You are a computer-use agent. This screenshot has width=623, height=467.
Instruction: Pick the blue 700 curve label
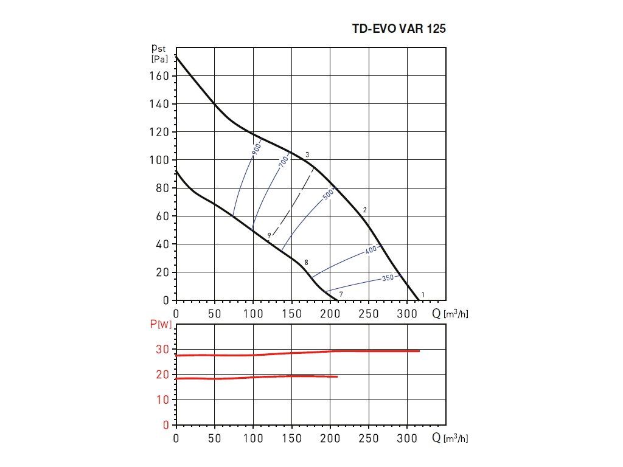283,161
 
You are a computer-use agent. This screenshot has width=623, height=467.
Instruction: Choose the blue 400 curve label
372,250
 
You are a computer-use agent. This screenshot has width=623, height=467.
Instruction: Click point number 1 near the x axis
423,294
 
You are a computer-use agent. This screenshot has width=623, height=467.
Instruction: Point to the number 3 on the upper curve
308,155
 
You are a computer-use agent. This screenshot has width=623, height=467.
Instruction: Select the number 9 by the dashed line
268,235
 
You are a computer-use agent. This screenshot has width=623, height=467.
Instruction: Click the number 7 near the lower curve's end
341,294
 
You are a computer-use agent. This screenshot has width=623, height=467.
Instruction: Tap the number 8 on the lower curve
307,262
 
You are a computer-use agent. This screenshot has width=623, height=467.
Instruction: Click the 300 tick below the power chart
407,438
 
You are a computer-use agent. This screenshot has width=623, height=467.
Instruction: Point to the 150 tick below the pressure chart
291,313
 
